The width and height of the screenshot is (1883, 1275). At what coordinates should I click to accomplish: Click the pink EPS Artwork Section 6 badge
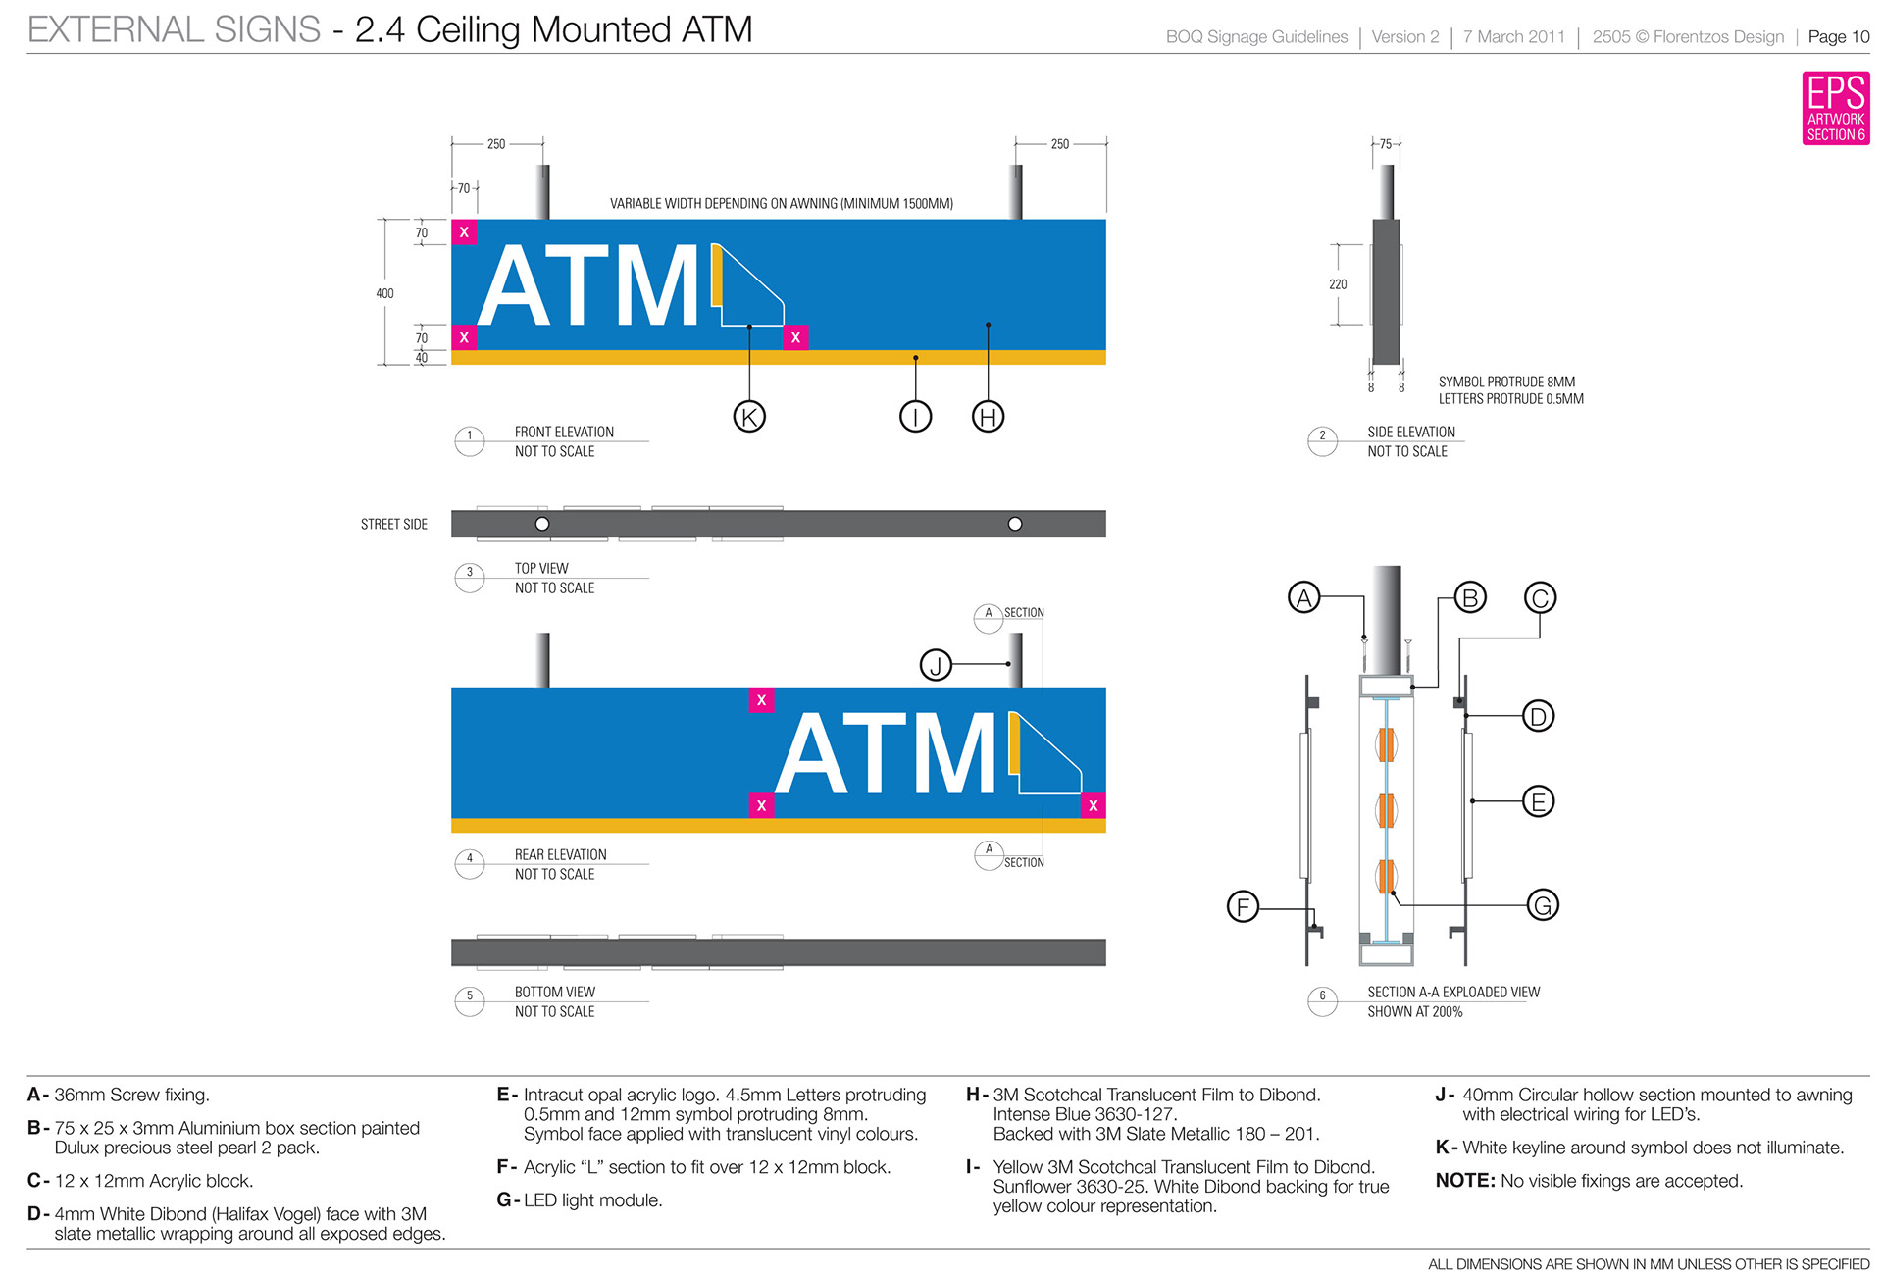(1835, 108)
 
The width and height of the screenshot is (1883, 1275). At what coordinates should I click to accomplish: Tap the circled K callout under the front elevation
(749, 417)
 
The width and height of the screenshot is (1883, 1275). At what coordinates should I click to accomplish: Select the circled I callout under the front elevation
(915, 417)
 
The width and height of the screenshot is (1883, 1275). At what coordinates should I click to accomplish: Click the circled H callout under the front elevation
(988, 417)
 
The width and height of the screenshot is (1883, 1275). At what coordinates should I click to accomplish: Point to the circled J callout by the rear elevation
(936, 665)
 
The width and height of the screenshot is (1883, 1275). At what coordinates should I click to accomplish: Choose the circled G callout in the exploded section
(1542, 904)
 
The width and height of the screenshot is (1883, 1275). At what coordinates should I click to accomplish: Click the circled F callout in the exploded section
(1243, 906)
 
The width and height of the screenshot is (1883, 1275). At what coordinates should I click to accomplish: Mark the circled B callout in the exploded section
(1469, 597)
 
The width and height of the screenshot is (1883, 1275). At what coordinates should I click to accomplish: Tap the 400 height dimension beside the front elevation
(384, 293)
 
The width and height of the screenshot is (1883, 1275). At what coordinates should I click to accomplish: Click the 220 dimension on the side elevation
(1338, 284)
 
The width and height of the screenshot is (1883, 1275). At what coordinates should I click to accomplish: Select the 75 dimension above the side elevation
(1386, 144)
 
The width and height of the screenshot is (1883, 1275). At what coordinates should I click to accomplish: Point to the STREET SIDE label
(394, 525)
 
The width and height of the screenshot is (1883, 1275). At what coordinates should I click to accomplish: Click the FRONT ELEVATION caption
(564, 432)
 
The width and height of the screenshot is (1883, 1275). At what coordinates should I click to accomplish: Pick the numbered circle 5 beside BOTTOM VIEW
(470, 996)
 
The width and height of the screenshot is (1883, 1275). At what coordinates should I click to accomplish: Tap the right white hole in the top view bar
(1015, 524)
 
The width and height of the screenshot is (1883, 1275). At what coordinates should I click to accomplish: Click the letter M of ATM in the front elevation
(652, 286)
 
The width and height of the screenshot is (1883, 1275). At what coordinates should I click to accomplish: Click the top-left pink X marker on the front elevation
(464, 232)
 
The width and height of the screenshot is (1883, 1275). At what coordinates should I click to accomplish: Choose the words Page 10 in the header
(1838, 37)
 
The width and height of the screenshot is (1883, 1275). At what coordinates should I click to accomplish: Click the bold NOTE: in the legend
(1464, 1181)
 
